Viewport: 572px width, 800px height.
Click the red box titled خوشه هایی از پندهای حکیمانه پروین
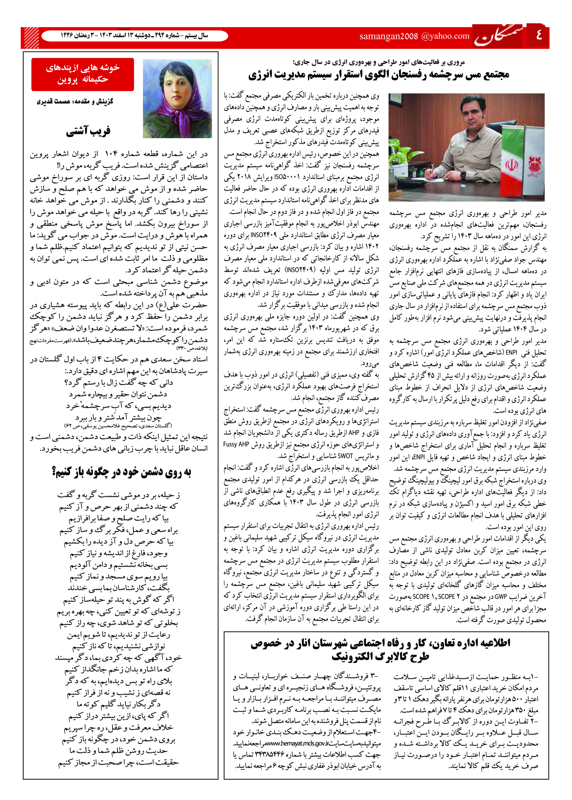point(83,74)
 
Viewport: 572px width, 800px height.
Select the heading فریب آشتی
point(88,131)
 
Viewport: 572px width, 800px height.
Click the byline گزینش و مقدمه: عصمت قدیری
point(75,102)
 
